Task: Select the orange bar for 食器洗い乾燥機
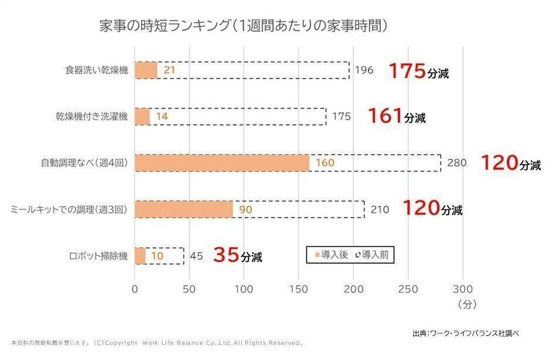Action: point(146,70)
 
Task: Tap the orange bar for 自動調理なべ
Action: point(222,162)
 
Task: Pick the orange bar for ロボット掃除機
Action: point(140,256)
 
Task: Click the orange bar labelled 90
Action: point(184,209)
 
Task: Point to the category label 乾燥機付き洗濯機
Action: point(88,117)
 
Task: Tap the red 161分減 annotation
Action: point(396,117)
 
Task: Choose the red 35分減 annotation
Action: point(237,256)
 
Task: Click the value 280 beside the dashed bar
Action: point(457,163)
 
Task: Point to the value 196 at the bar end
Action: point(364,70)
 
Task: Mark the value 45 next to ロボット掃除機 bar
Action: point(197,256)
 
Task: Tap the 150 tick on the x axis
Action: point(299,289)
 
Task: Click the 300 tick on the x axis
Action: point(462,289)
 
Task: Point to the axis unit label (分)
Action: point(467,305)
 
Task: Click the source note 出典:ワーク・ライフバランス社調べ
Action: point(465,333)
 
